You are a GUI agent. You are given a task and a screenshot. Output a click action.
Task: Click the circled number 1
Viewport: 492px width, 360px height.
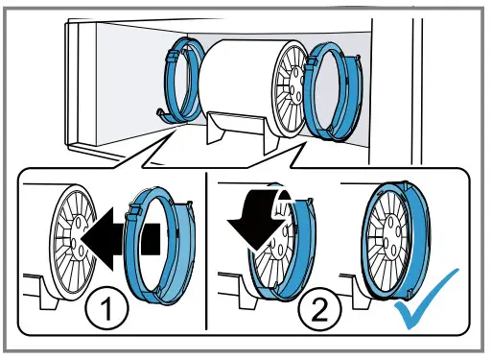[106, 308]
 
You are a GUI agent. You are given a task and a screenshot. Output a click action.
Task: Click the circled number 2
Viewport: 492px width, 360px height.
[319, 308]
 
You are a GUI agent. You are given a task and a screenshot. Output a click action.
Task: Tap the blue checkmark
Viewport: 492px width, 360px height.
[428, 299]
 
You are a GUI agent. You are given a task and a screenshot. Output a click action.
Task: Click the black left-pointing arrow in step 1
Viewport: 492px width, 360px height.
[120, 239]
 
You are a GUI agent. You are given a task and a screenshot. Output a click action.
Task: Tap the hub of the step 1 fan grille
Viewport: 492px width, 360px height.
[79, 236]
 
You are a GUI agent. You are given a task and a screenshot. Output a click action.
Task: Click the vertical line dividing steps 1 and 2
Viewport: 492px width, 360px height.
[206, 252]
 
